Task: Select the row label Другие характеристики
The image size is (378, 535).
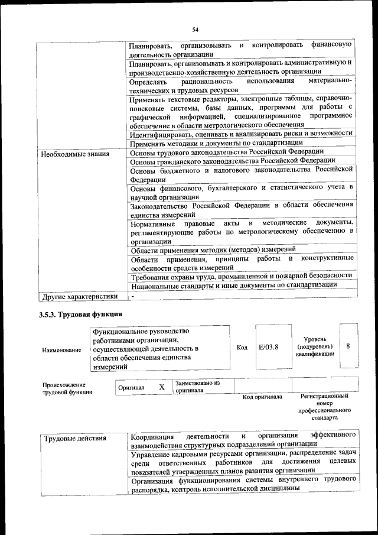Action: (79, 296)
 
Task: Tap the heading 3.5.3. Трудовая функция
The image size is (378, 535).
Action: (80, 314)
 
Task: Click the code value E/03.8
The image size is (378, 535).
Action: (268, 346)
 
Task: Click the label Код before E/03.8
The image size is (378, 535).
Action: (242, 347)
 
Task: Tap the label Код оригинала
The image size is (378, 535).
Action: (262, 397)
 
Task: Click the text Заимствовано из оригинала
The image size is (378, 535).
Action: (197, 387)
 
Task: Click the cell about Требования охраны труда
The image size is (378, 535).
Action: (241, 275)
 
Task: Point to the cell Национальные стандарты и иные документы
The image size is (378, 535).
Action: (234, 284)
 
